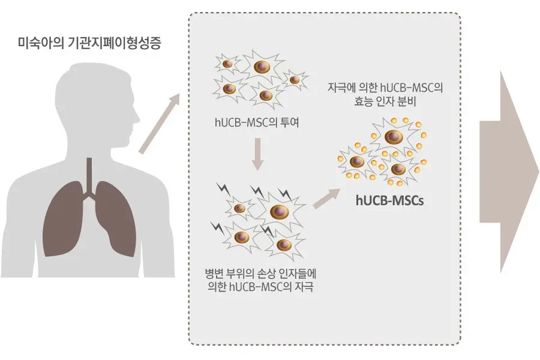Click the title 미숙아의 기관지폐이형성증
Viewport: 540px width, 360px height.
click(89, 43)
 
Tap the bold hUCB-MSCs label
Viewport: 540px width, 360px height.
click(389, 200)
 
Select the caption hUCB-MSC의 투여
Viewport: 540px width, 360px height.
click(257, 122)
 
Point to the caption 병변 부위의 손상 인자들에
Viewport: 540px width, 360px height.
click(260, 274)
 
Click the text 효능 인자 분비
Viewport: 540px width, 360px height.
click(385, 101)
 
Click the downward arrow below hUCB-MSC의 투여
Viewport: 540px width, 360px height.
click(257, 154)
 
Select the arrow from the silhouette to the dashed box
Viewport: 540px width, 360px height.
click(160, 123)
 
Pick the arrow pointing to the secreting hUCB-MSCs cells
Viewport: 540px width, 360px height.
click(326, 199)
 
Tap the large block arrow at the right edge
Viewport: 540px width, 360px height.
click(509, 172)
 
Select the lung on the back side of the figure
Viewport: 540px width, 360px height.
click(64, 219)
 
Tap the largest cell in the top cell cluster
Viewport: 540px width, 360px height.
click(262, 67)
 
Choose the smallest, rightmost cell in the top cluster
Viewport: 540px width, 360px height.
click(295, 80)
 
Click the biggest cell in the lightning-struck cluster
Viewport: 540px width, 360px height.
click(279, 211)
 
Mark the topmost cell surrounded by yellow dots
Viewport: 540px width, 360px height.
click(394, 137)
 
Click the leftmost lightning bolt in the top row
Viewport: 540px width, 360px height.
click(223, 188)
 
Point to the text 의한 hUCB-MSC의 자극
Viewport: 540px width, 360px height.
click(261, 287)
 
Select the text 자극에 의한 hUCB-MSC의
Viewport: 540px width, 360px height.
click(385, 88)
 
